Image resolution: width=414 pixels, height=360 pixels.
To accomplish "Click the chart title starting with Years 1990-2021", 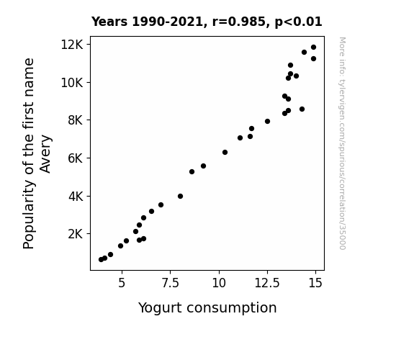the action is (x=207, y=22).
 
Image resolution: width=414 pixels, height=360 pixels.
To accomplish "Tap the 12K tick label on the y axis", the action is (x=72, y=45).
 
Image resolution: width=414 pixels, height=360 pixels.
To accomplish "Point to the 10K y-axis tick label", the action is (x=72, y=83).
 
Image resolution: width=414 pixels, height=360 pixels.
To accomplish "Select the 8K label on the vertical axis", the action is (x=76, y=120).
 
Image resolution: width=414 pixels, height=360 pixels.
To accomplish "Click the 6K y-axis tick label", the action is (x=76, y=158).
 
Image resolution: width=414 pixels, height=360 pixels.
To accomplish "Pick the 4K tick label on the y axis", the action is (x=76, y=197).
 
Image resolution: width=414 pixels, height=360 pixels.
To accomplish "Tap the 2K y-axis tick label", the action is (x=76, y=234).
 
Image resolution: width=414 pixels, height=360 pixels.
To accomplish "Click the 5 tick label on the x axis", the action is (x=122, y=283).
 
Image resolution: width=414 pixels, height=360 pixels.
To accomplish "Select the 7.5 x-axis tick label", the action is (x=171, y=283).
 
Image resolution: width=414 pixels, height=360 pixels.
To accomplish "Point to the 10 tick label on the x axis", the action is (x=219, y=283).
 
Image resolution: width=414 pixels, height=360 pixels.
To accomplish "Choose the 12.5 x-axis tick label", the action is (x=267, y=283).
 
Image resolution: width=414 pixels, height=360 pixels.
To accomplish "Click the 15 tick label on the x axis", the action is (x=315, y=283).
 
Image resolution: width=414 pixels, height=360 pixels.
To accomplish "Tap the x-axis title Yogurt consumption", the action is (x=207, y=307).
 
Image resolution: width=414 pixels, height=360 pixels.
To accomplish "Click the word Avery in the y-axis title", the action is (x=45, y=154).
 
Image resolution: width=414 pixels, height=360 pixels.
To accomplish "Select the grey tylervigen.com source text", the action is (x=343, y=143).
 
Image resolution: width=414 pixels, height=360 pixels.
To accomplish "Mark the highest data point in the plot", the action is (x=313, y=48).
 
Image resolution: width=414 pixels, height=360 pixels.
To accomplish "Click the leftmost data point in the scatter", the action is (x=101, y=260).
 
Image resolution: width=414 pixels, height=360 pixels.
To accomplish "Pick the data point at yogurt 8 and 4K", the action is (x=180, y=197).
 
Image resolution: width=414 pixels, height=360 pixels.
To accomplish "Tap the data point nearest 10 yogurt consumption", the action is (x=225, y=153).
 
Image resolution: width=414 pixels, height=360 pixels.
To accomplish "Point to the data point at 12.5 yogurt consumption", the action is (x=267, y=122).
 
